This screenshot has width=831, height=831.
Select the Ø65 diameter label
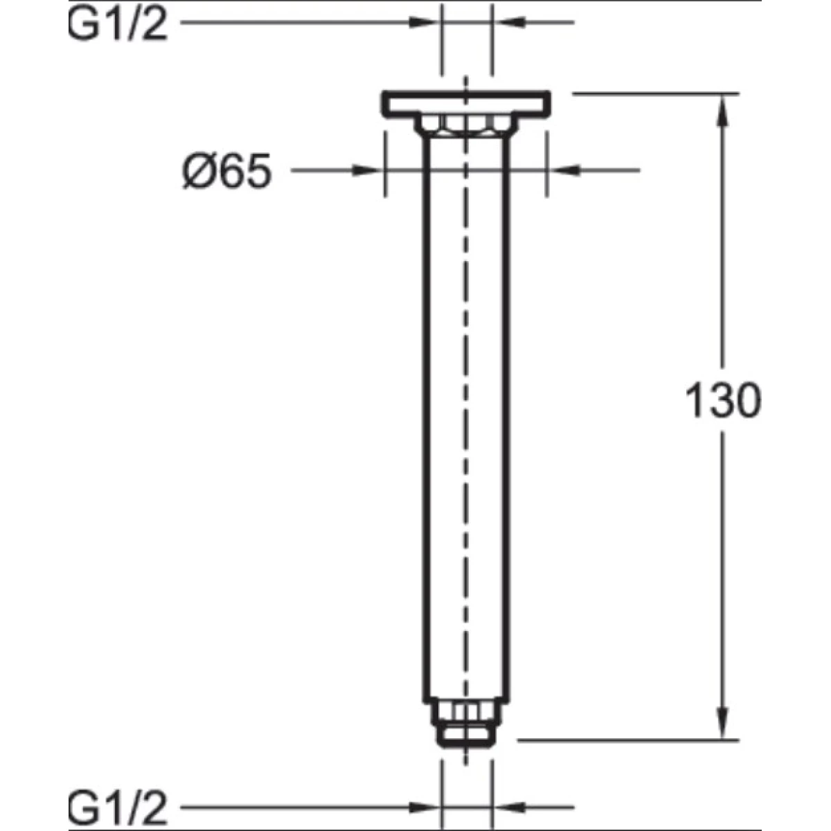click(x=227, y=171)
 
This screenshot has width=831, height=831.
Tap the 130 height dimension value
click(x=723, y=401)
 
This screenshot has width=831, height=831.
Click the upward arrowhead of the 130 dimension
click(x=723, y=109)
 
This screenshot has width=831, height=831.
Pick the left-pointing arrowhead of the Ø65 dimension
click(x=563, y=171)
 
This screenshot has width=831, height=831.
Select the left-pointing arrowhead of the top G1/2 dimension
click(x=508, y=22)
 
